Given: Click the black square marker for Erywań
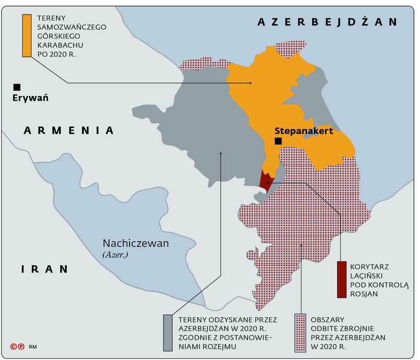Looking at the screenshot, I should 17,87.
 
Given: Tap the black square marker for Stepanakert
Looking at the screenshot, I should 278,141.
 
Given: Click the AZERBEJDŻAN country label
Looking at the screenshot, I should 328,22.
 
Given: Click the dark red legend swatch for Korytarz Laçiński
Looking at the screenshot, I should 342,279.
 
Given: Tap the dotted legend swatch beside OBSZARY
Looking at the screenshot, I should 300,332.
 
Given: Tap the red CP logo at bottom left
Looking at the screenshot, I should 17,346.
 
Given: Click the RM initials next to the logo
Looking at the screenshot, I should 32,346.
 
